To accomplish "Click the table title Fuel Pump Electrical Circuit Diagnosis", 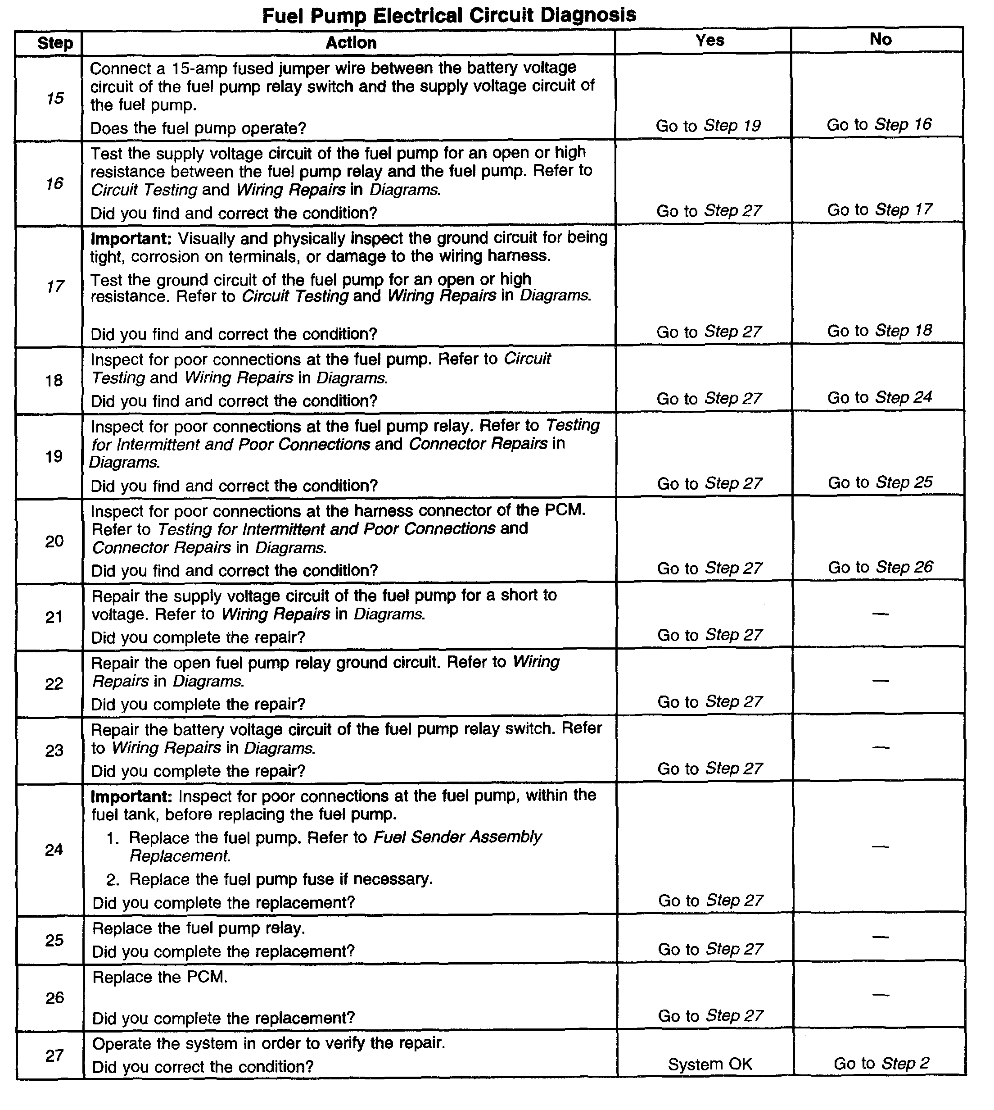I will point(449,15).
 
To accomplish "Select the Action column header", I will point(351,43).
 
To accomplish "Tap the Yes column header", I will point(709,40).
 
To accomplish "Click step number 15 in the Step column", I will point(54,98).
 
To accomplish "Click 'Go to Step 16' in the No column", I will point(879,125).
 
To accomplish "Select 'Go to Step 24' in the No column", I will point(879,397).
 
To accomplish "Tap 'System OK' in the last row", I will point(710,1064).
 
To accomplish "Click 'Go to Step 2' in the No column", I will point(881,1063).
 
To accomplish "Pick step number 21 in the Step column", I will point(54,617).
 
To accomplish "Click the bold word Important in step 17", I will point(131,239).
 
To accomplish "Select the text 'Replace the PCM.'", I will point(159,977).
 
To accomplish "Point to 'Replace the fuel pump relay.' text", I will point(198,928).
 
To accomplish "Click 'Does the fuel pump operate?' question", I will point(198,128).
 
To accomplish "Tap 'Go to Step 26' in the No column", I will point(880,567).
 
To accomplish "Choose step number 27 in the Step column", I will point(54,1055).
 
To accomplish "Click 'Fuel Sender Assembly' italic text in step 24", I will point(457,837).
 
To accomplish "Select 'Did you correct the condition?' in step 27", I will point(203,1066).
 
